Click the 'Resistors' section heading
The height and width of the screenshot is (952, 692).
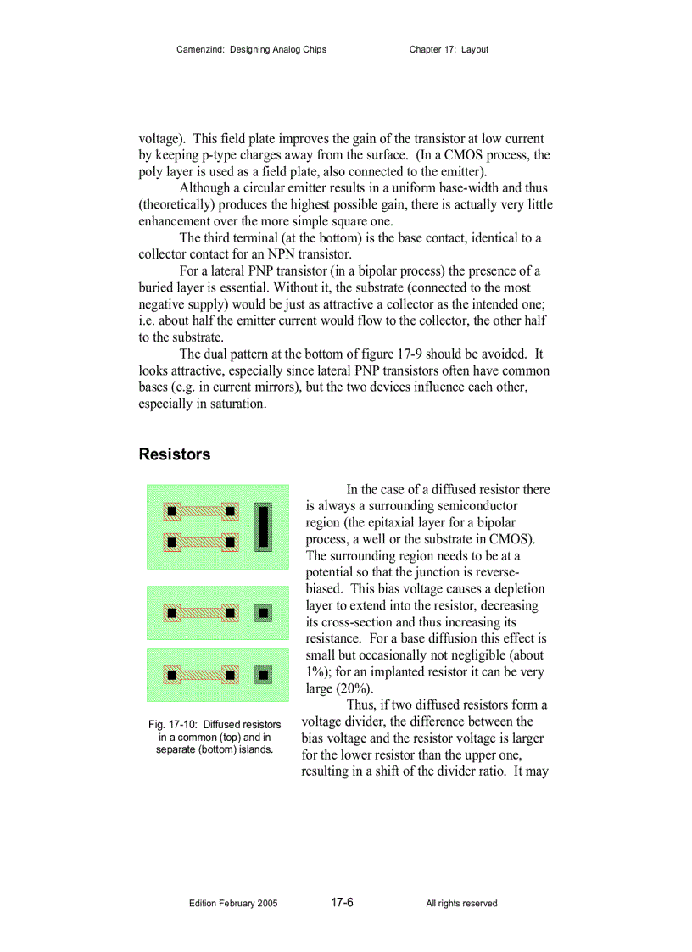175,454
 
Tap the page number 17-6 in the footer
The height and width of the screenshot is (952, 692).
342,903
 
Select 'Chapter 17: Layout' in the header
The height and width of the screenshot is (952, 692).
449,49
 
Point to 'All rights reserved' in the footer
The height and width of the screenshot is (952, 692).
461,904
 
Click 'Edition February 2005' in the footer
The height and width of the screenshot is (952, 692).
232,904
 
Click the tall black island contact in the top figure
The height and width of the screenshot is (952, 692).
264,526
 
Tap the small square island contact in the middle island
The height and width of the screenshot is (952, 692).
263,611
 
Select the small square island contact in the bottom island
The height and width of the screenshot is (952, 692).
263,675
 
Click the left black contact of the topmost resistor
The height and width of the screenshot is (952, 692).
171,511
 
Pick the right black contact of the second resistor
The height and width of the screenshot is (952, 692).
229,542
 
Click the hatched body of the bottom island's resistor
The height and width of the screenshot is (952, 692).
200,675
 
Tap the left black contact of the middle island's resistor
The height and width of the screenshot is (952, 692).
171,611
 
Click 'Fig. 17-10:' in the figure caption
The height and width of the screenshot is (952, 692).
173,725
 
